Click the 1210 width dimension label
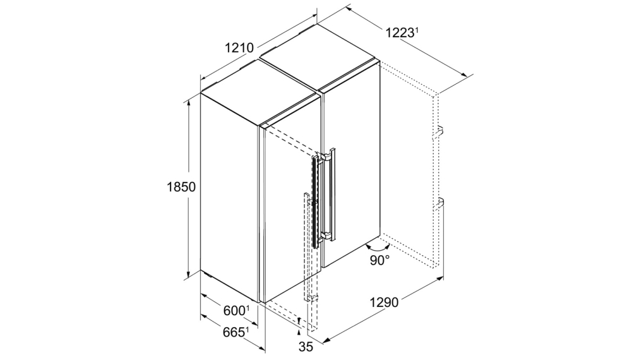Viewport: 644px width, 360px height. pyautogui.click(x=239, y=48)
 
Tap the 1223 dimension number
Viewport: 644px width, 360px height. pyautogui.click(x=399, y=32)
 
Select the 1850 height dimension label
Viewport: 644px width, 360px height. pyautogui.click(x=181, y=187)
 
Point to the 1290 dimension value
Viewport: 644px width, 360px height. pyautogui.click(x=384, y=303)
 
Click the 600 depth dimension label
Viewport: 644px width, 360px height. pyautogui.click(x=234, y=311)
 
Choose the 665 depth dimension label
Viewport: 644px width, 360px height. pyautogui.click(x=234, y=332)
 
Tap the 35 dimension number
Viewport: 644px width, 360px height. pyautogui.click(x=306, y=347)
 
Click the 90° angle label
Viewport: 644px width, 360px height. pyautogui.click(x=379, y=260)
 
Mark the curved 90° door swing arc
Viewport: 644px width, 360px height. pyautogui.click(x=378, y=249)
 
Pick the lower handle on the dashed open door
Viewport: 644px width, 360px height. pyautogui.click(x=439, y=203)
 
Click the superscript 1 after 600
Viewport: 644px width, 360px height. pyautogui.click(x=247, y=308)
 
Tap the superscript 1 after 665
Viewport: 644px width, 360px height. pyautogui.click(x=247, y=329)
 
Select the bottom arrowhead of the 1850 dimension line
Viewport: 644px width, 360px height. pyautogui.click(x=189, y=274)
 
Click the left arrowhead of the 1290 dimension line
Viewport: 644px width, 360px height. pyautogui.click(x=327, y=339)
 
